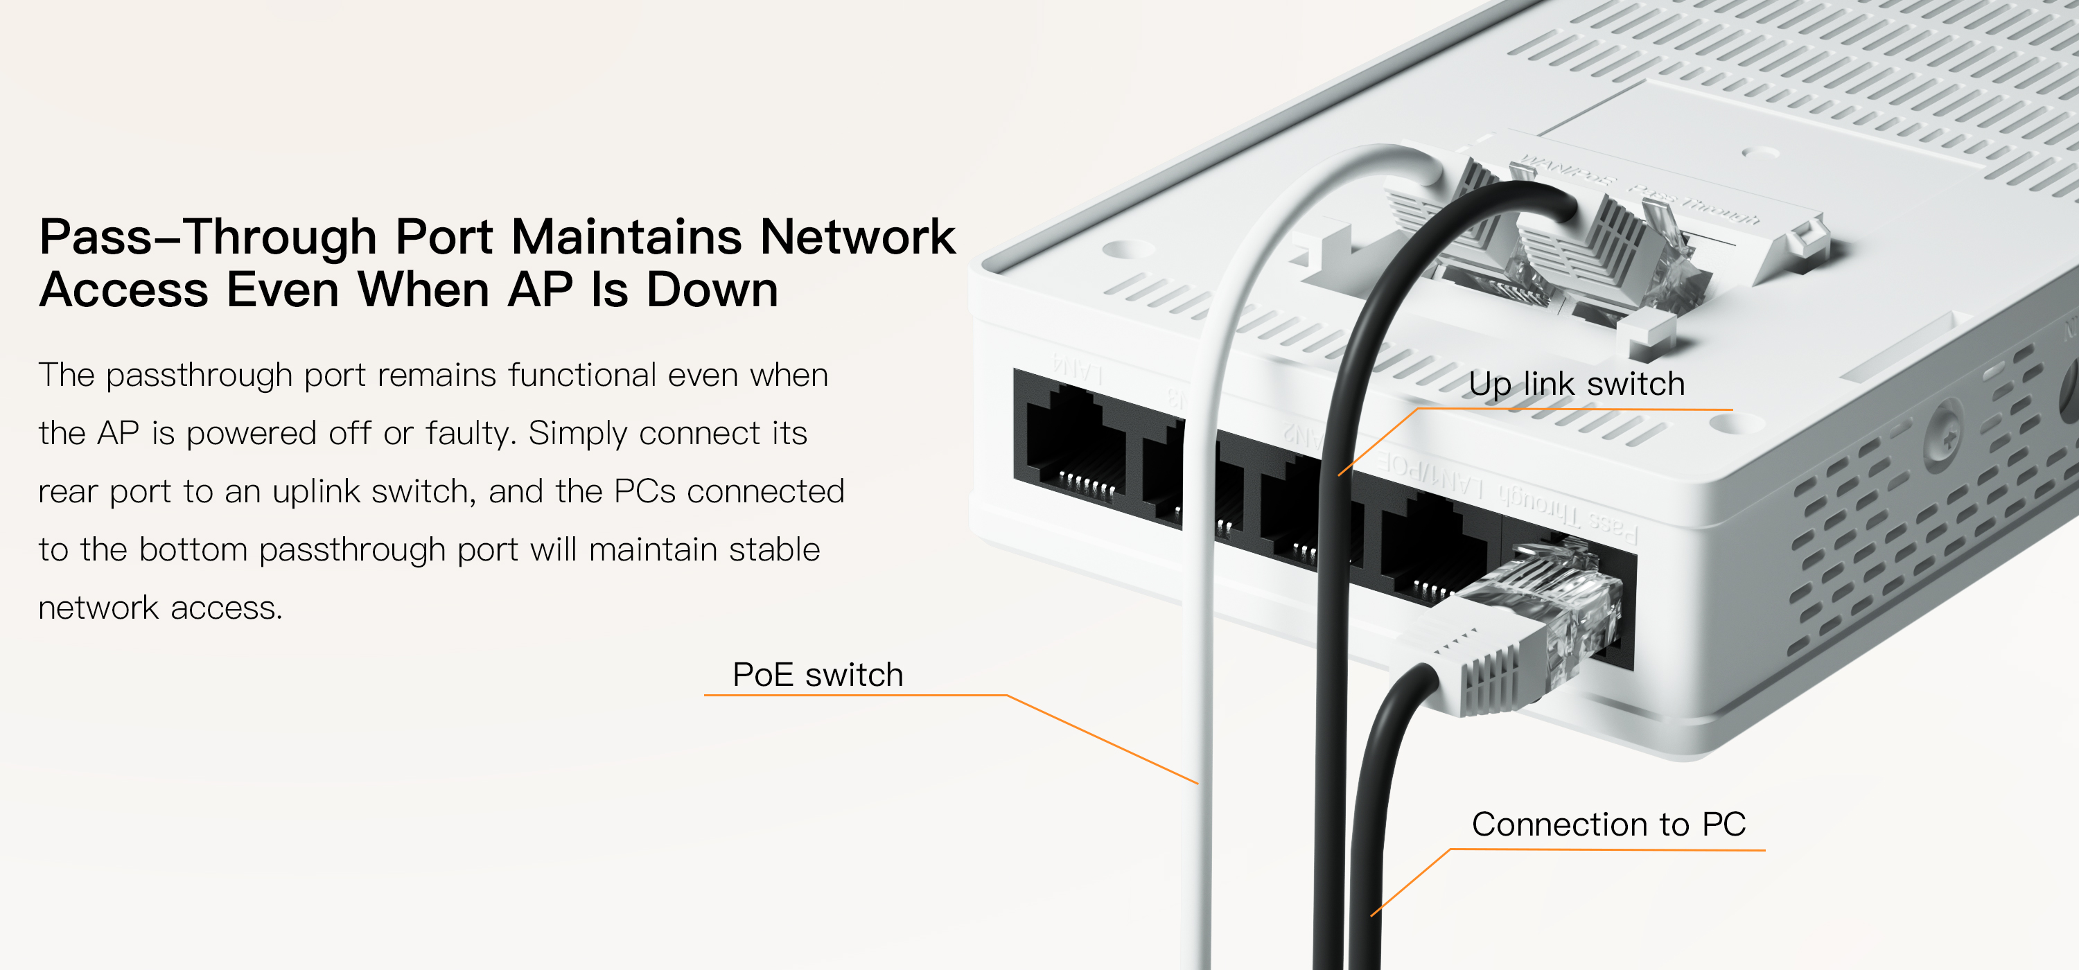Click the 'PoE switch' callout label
(817, 675)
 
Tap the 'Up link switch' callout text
(1576, 383)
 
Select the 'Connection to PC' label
(1608, 824)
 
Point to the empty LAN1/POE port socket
(1432, 549)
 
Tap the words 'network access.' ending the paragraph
(161, 608)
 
